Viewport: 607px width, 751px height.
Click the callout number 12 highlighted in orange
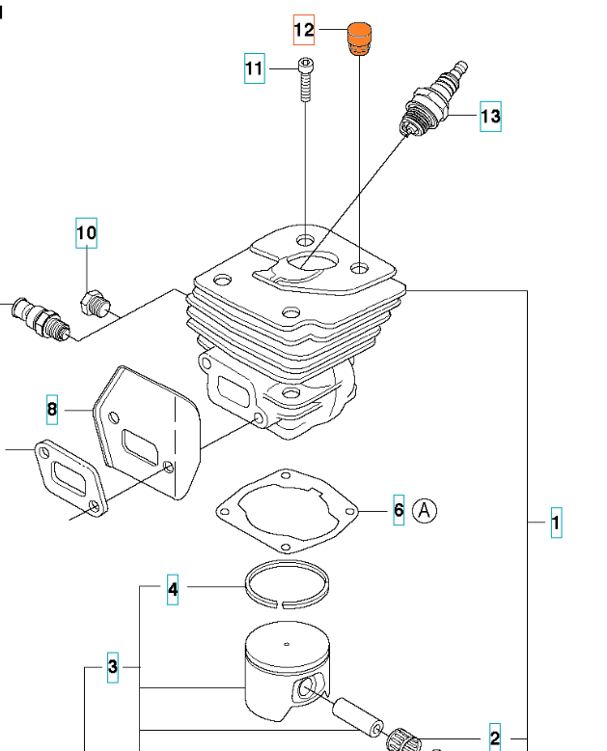point(304,31)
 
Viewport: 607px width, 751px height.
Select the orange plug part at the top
point(360,38)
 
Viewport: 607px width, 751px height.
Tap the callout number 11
point(254,68)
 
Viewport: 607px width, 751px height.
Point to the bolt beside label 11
point(304,80)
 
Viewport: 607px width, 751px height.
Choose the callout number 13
point(490,118)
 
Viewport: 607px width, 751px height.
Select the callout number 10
point(87,232)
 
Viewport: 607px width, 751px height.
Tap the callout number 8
point(52,410)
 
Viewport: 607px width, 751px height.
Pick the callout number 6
point(399,509)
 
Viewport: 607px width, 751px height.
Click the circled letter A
point(426,510)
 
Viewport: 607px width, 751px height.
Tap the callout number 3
point(113,666)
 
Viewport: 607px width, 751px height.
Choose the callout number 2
point(495,738)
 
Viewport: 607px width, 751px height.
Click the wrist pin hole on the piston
point(307,688)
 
